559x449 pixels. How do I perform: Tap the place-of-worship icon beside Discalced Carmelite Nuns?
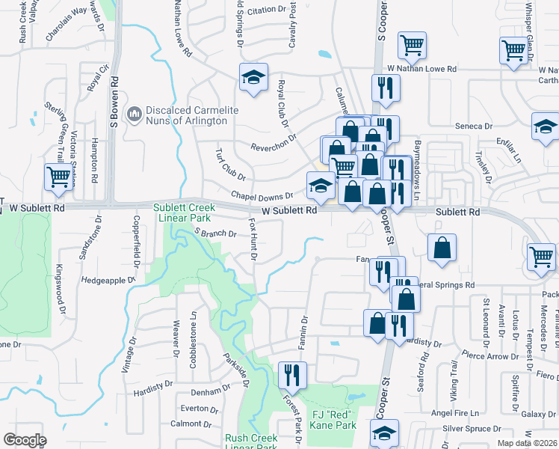[x=135, y=114]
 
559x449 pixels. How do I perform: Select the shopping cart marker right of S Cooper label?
[x=412, y=46]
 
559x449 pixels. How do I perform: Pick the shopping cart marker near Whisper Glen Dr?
[x=514, y=51]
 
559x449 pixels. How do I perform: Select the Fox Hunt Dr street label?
[x=253, y=240]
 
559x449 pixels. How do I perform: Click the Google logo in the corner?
[x=25, y=440]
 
